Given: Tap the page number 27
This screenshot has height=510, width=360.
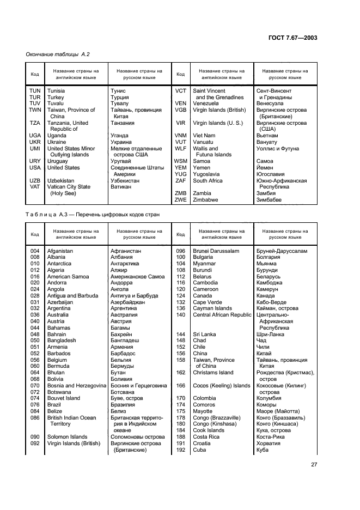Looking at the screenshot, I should [314, 465].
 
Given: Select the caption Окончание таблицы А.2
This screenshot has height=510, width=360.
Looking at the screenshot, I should [58, 54].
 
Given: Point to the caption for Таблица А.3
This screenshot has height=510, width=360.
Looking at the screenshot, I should [93, 215].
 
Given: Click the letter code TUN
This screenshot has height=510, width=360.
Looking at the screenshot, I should [35, 91].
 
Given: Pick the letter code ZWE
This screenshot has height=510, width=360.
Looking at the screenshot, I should [180, 200].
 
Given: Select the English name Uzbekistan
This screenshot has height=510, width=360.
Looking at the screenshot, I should [63, 180].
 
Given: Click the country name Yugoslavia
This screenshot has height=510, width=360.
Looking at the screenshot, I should [209, 174].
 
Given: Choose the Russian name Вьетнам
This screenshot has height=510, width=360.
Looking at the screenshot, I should [267, 136].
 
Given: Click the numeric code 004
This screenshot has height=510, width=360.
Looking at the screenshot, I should [35, 251].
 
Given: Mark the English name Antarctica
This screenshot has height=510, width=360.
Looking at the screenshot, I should [59, 264].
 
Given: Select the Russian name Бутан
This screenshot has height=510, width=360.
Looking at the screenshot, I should [118, 373].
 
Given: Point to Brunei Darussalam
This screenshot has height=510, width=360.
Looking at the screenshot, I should [216, 251].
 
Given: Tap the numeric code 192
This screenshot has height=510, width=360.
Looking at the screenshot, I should [180, 450].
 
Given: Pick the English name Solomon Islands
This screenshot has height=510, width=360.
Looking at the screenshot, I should [67, 437].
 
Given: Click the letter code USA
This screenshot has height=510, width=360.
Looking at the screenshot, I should [35, 168].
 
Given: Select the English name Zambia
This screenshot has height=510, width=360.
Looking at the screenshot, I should [203, 193].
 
